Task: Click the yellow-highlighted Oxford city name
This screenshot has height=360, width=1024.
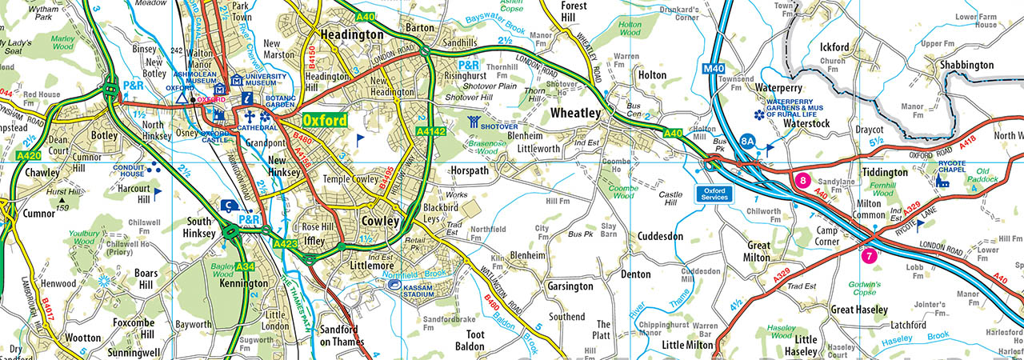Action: [x=325, y=121]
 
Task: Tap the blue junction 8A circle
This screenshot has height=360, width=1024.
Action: [x=748, y=140]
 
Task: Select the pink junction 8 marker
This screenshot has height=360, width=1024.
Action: [x=803, y=181]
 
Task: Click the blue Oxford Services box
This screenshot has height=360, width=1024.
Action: [x=713, y=194]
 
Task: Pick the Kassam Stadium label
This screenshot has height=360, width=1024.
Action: [x=417, y=290]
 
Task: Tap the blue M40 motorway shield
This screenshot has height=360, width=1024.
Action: [x=714, y=70]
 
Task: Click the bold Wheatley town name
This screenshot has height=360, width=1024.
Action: [x=576, y=114]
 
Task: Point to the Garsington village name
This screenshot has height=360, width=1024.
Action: [x=570, y=286]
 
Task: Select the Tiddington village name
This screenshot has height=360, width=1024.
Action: [x=885, y=172]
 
